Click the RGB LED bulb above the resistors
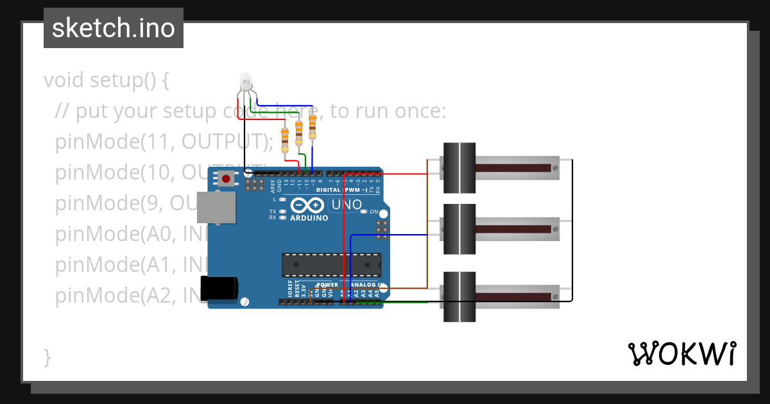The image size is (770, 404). click(x=246, y=81)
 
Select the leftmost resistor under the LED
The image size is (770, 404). click(x=285, y=139)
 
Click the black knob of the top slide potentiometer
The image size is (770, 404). click(x=459, y=167)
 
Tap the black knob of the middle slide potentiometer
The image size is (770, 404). click(x=459, y=229)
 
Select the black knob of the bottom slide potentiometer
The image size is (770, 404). click(x=459, y=296)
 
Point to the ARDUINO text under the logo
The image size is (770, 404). click(x=309, y=218)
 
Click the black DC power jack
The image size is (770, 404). click(x=219, y=289)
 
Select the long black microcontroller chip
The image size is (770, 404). click(x=331, y=265)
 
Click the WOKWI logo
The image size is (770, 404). click(x=681, y=353)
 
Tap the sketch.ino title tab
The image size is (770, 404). click(x=114, y=28)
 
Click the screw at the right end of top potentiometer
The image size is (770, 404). click(x=554, y=168)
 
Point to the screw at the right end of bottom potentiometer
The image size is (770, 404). click(x=554, y=296)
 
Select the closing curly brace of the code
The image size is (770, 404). click(x=47, y=357)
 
